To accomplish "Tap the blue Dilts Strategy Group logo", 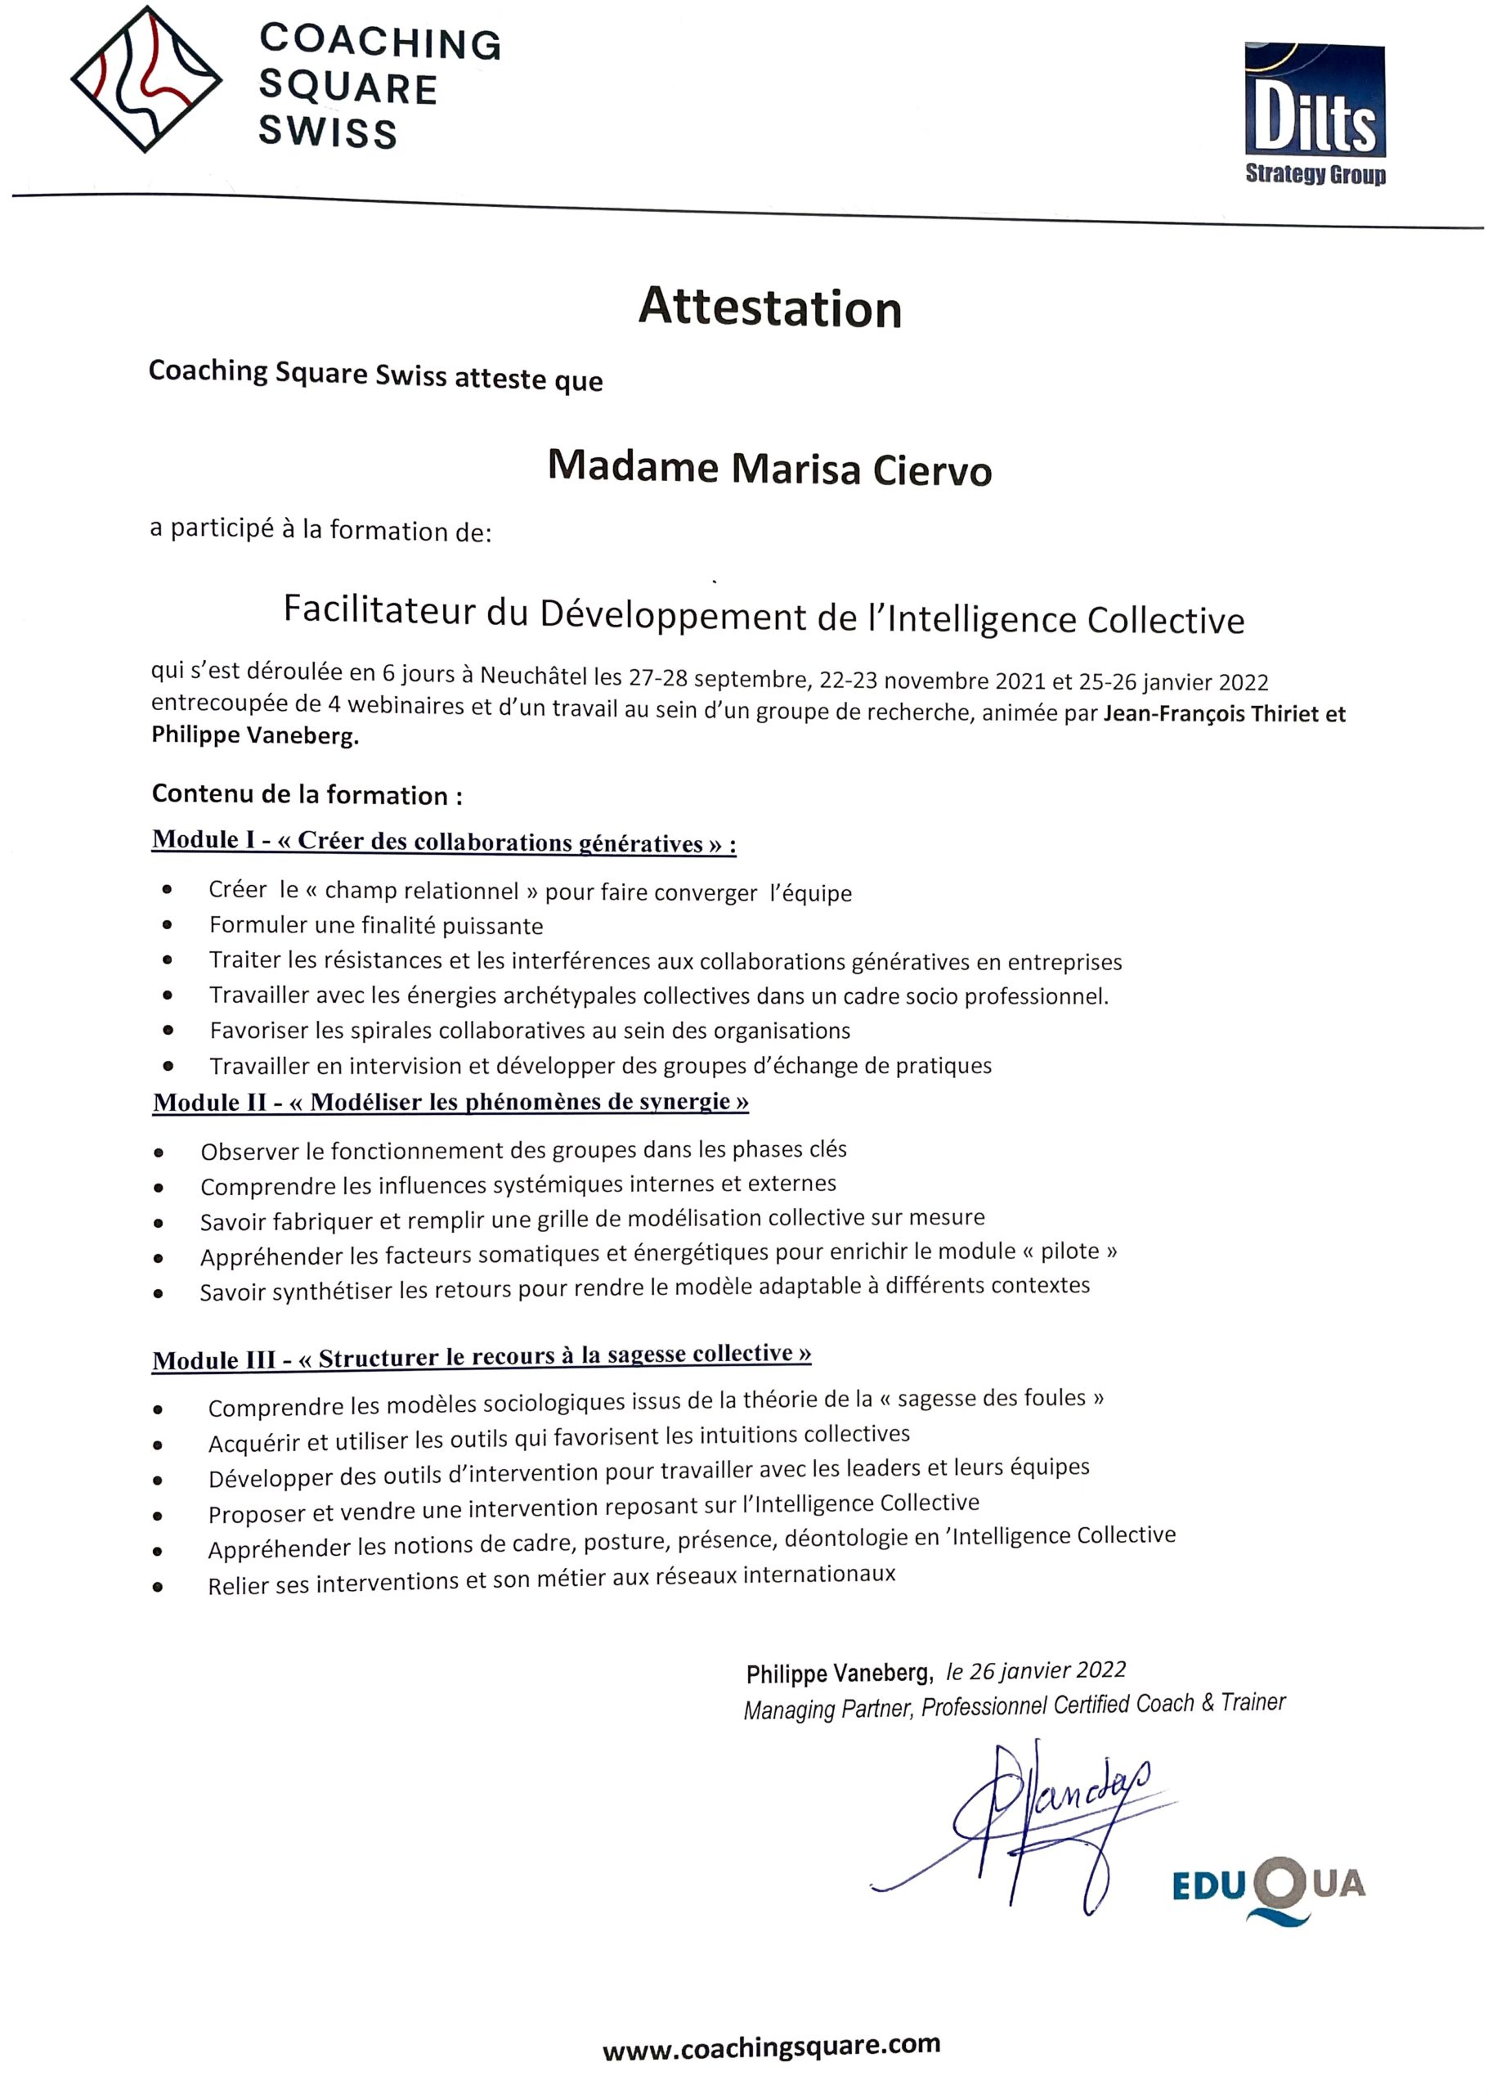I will tap(1314, 114).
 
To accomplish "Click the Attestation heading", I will tap(769, 308).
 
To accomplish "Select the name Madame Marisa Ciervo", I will tap(769, 468).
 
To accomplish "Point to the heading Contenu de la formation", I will tap(307, 793).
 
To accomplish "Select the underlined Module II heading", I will tap(450, 1102).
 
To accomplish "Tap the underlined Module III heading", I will tap(482, 1357).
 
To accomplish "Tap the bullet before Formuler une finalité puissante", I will tap(167, 926).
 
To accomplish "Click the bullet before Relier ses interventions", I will tap(159, 1586).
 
